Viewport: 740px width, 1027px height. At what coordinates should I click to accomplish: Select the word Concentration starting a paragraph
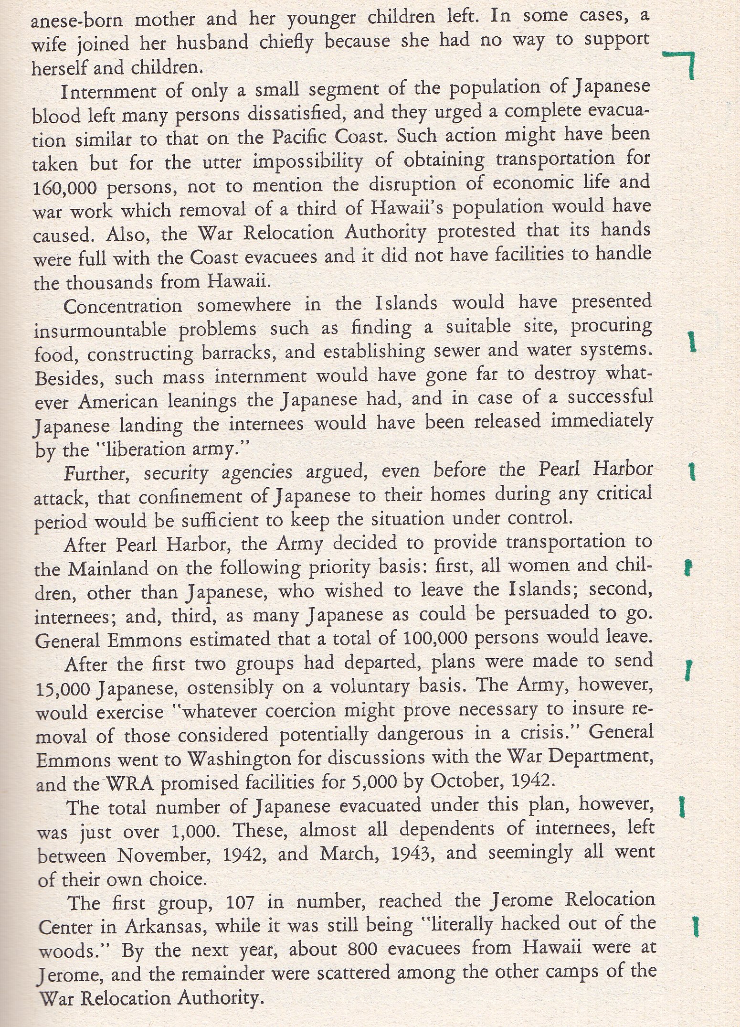123,305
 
